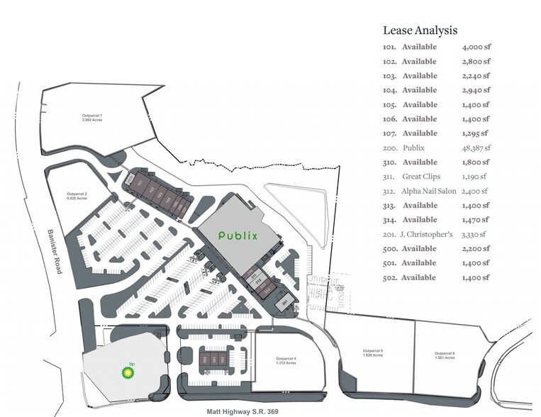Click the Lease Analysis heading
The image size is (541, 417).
click(420, 30)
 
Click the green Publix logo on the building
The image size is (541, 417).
click(236, 235)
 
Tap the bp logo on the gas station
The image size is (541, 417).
click(128, 369)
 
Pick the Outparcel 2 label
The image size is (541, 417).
click(77, 196)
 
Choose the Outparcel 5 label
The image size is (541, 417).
click(373, 353)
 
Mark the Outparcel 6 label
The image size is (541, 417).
click(445, 355)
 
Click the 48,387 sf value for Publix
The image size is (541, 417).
click(476, 148)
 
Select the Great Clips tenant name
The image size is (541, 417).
click(421, 177)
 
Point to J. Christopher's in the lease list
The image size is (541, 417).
click(431, 234)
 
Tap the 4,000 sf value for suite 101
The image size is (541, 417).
click(476, 47)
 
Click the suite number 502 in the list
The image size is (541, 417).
click(389, 277)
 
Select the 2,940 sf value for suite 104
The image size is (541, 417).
click(476, 90)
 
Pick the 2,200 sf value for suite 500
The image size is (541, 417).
click(476, 248)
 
